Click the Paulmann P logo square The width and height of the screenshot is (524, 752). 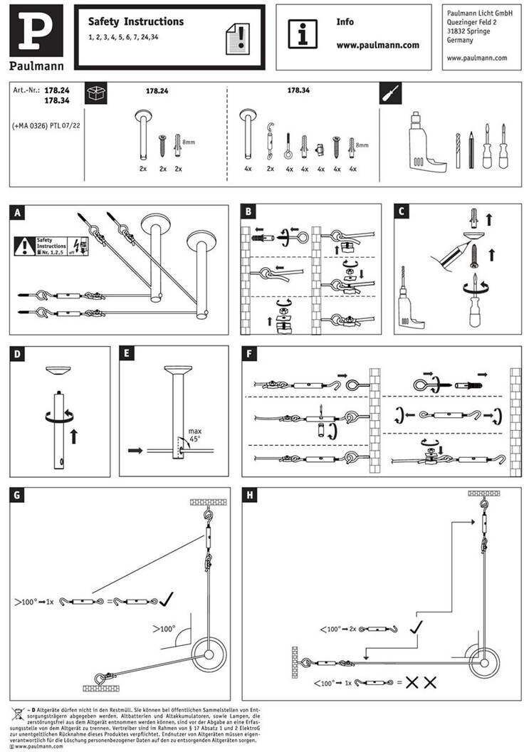click(36, 32)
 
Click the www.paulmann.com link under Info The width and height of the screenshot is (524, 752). click(377, 44)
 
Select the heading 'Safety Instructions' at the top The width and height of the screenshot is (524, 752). click(136, 22)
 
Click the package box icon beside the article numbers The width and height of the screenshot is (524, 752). click(95, 93)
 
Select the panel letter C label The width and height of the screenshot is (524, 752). click(402, 212)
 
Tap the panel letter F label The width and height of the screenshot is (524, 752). click(248, 354)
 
